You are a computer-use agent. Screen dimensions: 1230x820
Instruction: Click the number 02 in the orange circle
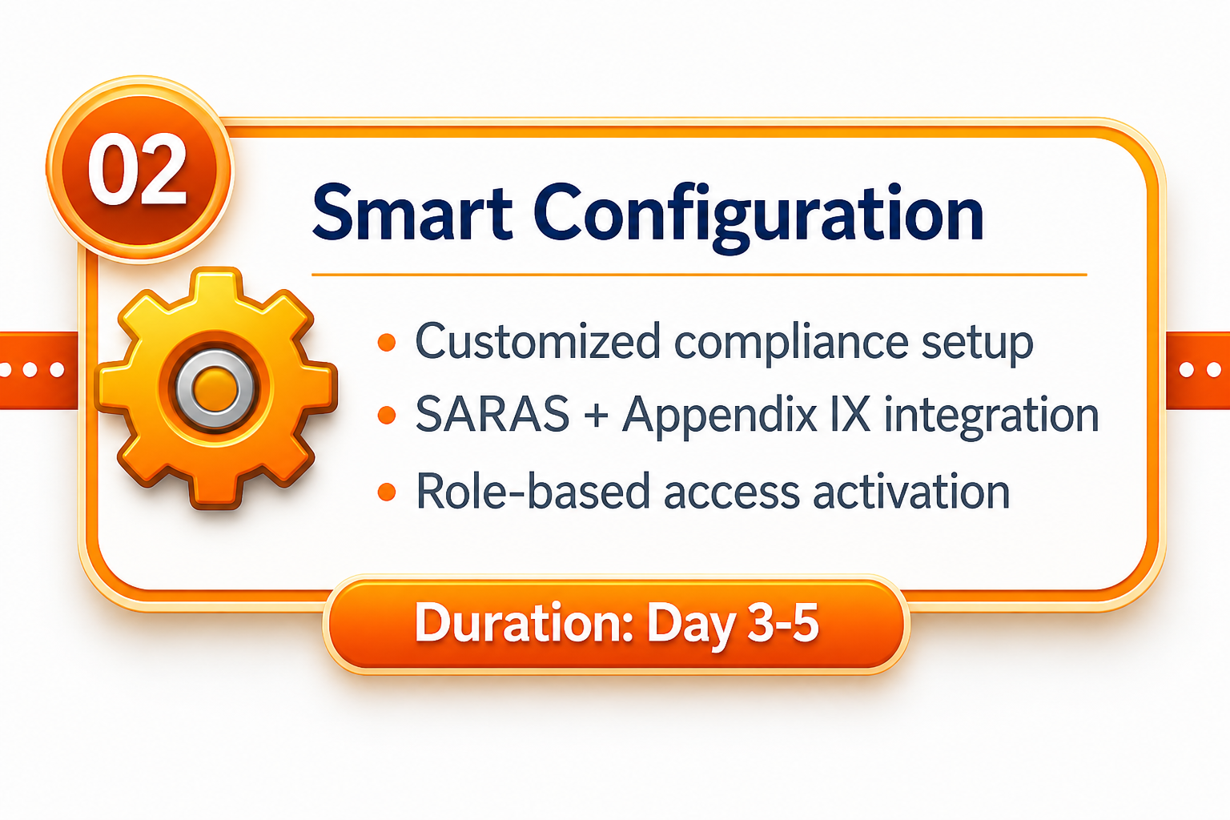tap(137, 171)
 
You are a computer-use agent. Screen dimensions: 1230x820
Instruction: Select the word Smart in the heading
tap(412, 213)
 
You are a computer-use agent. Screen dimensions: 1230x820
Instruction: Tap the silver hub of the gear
tap(215, 389)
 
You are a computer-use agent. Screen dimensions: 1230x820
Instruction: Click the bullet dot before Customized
tap(387, 342)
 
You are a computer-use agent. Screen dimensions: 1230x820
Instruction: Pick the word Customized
tap(537, 341)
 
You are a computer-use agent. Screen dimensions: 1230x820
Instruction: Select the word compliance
tap(791, 344)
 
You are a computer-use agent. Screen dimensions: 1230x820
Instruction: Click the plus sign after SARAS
tap(595, 416)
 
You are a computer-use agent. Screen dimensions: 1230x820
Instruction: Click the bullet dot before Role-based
tap(387, 491)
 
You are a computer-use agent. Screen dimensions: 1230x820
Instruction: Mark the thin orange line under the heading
tap(699, 274)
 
